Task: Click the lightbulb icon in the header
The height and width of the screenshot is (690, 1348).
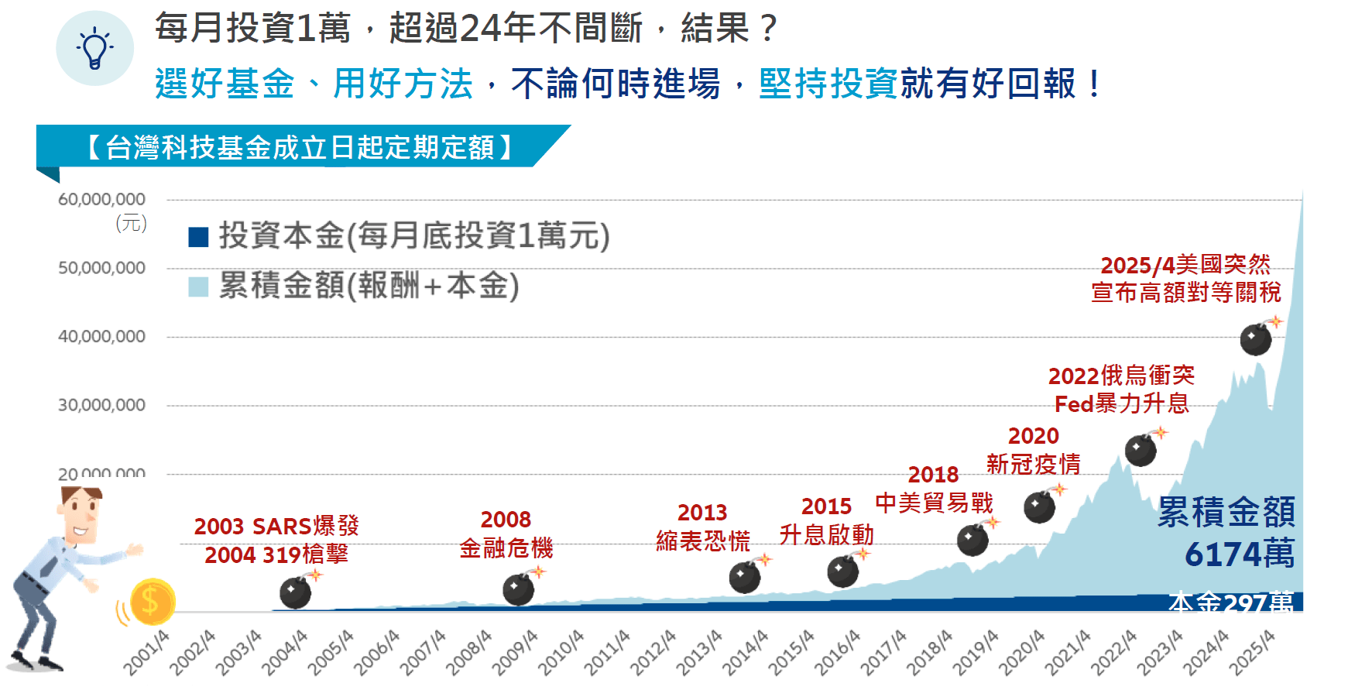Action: tap(94, 48)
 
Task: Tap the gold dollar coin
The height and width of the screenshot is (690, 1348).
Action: tap(152, 602)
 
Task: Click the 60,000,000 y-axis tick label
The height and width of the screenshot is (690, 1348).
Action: tap(101, 200)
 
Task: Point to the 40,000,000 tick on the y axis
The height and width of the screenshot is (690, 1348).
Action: tap(101, 337)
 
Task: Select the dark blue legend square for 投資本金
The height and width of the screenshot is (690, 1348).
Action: tap(198, 237)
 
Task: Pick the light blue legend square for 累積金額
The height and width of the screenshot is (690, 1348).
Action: tap(198, 287)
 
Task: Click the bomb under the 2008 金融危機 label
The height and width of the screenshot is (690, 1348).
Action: tap(519, 590)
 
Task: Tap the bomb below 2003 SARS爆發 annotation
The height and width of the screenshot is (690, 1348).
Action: tap(296, 593)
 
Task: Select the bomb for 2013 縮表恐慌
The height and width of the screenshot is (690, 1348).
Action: tap(745, 578)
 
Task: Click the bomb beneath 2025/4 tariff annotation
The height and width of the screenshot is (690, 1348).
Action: tap(1256, 339)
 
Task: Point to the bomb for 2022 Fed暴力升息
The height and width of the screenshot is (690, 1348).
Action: tap(1140, 450)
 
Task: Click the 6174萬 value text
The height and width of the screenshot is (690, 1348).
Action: tap(1239, 554)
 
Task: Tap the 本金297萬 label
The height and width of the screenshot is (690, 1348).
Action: tap(1231, 602)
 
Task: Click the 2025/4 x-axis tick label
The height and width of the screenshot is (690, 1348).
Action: tap(1252, 652)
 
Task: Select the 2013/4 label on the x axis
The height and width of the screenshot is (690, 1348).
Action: tap(699, 652)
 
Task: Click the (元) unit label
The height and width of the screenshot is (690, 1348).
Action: tap(131, 224)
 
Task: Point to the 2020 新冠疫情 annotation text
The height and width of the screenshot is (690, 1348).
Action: tap(1034, 450)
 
